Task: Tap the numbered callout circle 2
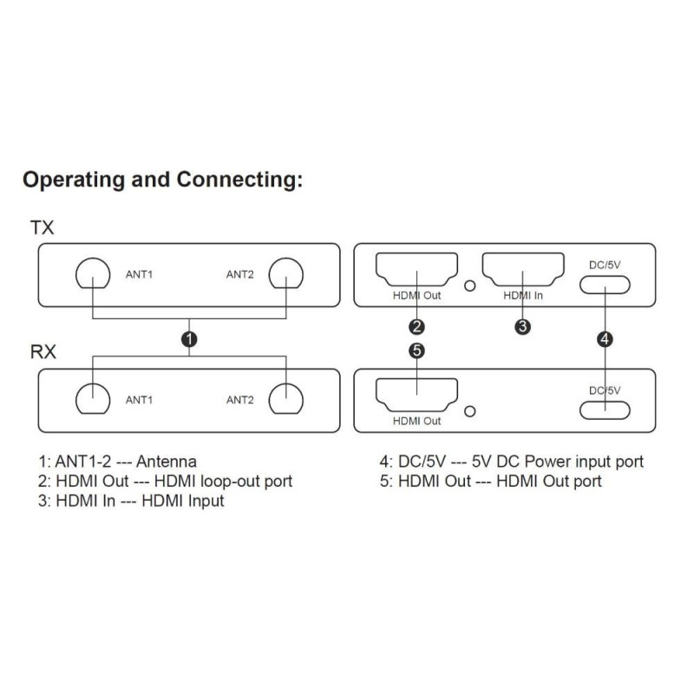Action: tap(417, 327)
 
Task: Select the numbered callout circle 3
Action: tap(522, 327)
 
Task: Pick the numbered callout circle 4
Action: tap(605, 338)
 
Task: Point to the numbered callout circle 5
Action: tap(417, 350)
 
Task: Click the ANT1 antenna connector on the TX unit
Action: tap(91, 275)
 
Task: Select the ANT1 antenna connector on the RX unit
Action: tap(91, 399)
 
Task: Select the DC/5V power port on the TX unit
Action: tap(605, 285)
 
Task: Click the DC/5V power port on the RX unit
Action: tap(605, 409)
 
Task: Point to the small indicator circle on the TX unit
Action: tap(470, 285)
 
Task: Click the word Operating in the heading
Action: tap(72, 180)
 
